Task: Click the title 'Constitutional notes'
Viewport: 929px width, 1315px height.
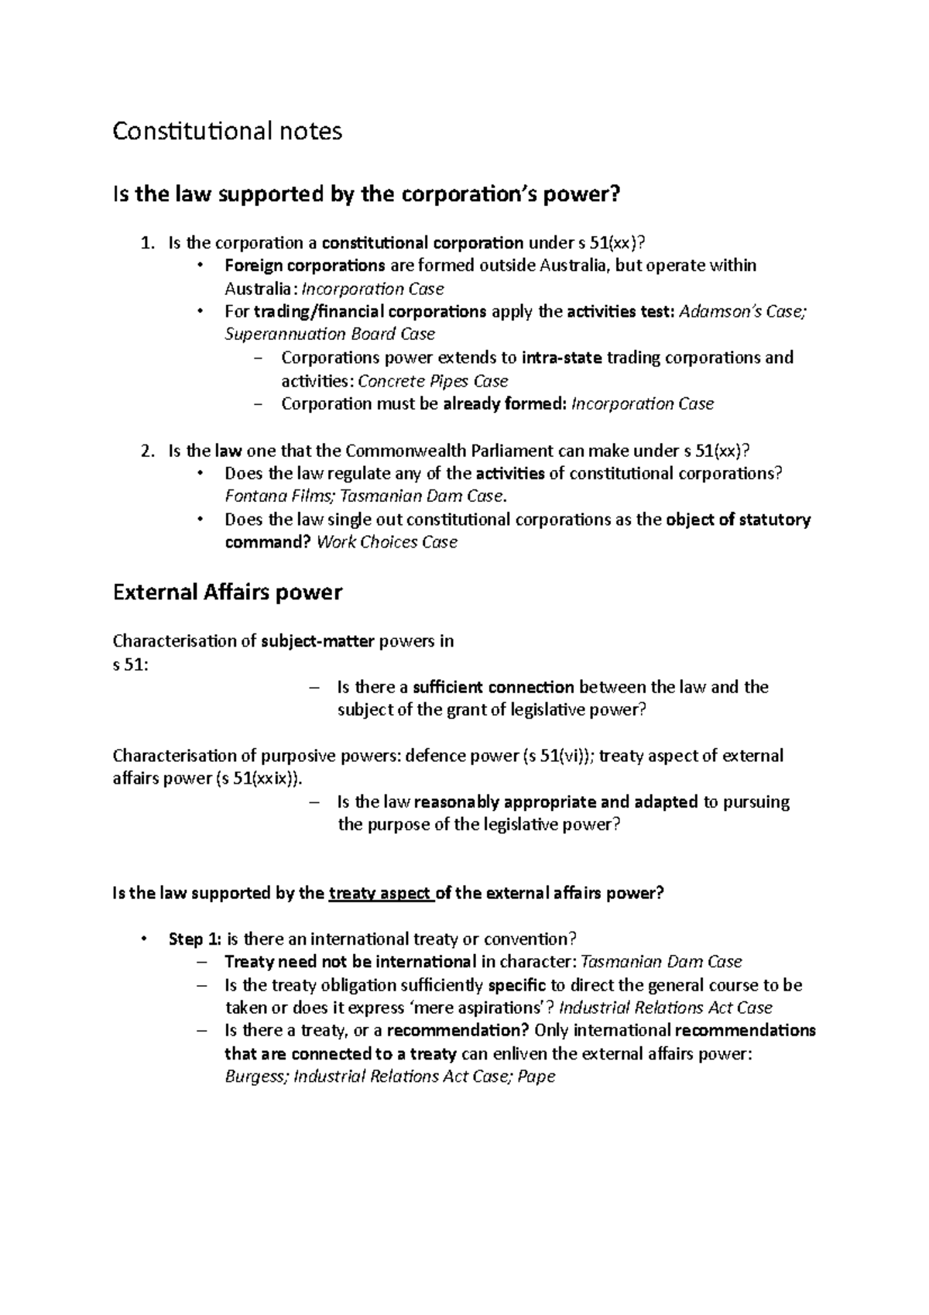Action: pos(227,132)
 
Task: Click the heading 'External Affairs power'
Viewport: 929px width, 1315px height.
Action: pos(227,593)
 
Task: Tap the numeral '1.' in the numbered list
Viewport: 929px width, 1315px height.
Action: pos(149,243)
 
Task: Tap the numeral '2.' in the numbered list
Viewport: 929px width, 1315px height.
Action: pos(149,451)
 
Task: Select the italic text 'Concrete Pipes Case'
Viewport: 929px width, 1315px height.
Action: pos(434,381)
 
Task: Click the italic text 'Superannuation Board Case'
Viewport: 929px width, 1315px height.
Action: pos(330,335)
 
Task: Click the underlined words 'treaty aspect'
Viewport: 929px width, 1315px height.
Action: pos(379,894)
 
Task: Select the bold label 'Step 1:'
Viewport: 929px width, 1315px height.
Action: pos(194,939)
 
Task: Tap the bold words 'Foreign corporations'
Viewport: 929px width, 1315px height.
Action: pos(304,266)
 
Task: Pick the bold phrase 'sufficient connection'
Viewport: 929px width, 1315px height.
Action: pos(493,687)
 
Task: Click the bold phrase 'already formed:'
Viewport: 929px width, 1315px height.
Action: pos(504,404)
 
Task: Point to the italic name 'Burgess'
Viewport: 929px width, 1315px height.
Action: pos(255,1076)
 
